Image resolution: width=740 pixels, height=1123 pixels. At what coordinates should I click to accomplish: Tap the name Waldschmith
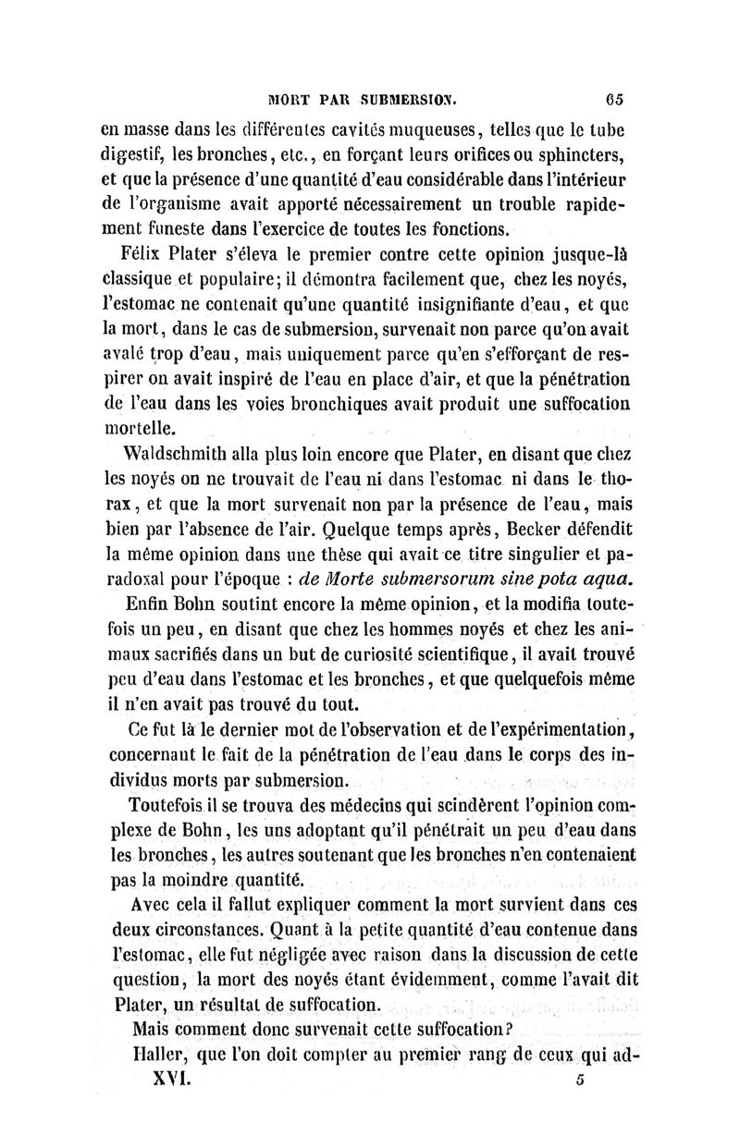[179, 454]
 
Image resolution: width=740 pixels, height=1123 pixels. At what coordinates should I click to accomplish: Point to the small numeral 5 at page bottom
[574, 1080]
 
